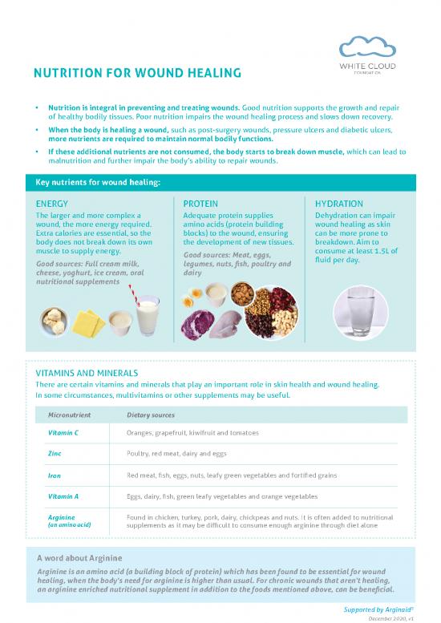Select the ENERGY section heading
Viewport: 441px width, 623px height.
[x=52, y=204]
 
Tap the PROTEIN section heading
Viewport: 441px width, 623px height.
[x=200, y=204]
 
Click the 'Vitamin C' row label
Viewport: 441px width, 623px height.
[x=64, y=433]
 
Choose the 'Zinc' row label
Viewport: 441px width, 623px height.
[x=56, y=454]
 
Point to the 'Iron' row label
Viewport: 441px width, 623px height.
[x=55, y=475]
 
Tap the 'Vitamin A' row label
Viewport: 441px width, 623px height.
[x=64, y=497]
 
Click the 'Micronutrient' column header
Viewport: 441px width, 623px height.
[x=75, y=414]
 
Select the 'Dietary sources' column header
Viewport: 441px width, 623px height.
[x=152, y=414]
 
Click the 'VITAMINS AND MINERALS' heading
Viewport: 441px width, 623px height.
[x=88, y=373]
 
